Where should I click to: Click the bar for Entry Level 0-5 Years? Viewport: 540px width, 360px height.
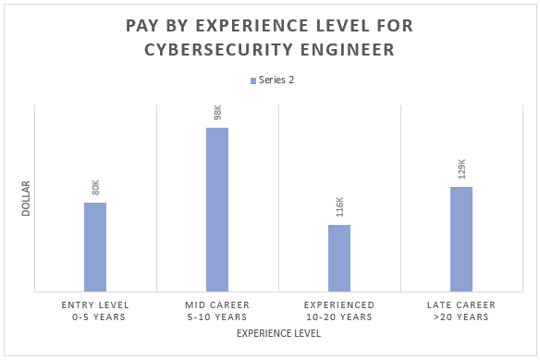[95, 247]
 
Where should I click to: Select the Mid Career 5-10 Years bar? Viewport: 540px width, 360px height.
[217, 209]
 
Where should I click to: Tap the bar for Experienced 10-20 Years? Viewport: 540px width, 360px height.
[339, 258]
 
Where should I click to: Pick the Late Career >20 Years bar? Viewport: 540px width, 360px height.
[461, 239]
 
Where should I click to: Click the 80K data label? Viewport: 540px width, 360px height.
[95, 188]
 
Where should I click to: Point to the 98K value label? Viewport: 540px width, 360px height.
[217, 113]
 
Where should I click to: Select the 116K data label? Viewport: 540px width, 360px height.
[339, 207]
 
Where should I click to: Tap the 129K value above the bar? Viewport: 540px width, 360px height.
[461, 169]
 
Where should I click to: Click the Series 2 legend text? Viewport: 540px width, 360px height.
[276, 81]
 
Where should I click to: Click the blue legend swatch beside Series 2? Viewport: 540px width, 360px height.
[252, 81]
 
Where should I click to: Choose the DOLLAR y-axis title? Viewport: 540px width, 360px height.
[26, 198]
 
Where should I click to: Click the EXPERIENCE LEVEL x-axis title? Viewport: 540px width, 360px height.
[278, 333]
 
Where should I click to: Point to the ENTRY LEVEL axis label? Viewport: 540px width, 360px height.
[95, 304]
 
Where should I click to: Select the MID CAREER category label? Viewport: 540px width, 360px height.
[217, 304]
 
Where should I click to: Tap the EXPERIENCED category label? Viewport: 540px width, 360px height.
[339, 304]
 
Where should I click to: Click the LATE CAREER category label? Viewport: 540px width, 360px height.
[461, 304]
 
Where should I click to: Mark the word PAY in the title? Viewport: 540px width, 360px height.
[145, 25]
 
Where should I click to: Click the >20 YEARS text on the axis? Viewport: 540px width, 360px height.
[461, 317]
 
